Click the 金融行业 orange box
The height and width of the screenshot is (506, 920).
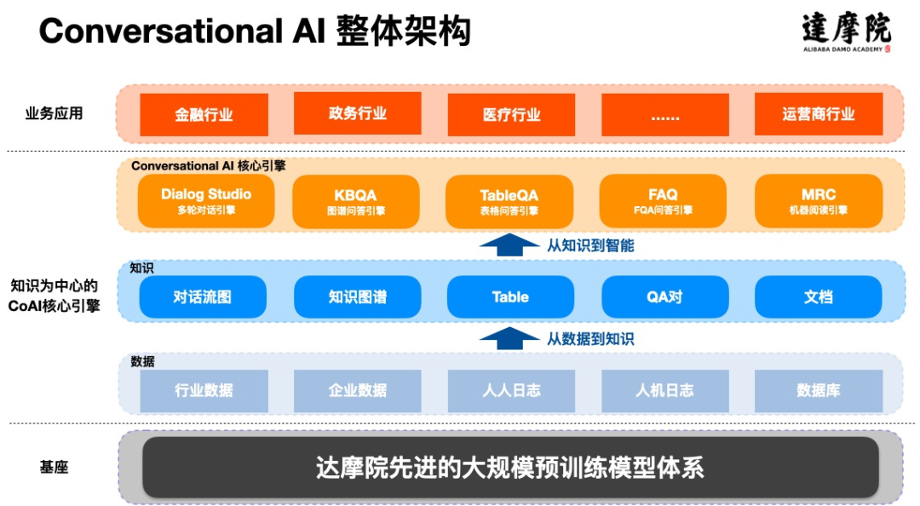coord(204,115)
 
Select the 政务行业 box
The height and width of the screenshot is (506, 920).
coord(357,114)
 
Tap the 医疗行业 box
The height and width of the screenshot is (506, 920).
coord(511,115)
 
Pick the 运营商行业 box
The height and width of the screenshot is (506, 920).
coord(818,115)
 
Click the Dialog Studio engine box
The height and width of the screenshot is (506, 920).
coord(206,201)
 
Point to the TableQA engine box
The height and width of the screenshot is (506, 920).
coord(509,201)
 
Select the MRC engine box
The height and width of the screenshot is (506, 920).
coord(818,201)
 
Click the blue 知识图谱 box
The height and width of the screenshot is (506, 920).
coord(357,297)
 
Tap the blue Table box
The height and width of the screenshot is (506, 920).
coord(510,297)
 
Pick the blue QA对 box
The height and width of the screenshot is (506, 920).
coord(664,297)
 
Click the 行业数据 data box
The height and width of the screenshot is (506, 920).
coord(204,391)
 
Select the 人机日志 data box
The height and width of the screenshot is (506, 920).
coord(664,391)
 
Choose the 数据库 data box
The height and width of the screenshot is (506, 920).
coord(818,391)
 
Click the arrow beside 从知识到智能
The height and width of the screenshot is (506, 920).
coord(509,245)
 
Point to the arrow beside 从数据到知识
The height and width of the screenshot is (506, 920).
coord(509,338)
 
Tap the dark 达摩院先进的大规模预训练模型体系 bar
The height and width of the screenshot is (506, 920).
coord(509,468)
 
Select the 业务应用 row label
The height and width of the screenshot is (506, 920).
coord(55,113)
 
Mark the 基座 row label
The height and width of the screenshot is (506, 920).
coord(54,468)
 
